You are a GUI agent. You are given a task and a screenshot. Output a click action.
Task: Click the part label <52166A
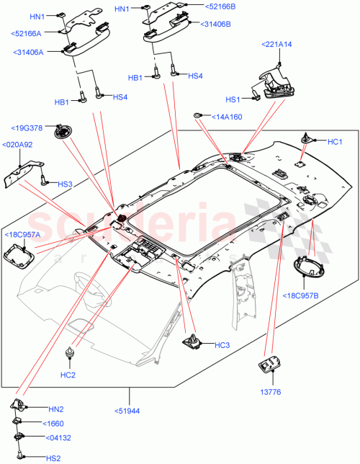pos(27,33)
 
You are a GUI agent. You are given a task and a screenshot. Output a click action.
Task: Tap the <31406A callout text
pos(28,52)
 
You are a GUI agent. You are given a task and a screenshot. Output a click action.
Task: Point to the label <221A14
pos(276,45)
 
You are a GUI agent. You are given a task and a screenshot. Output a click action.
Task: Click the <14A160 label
pos(227,116)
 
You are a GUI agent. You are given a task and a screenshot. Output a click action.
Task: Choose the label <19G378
pos(27,128)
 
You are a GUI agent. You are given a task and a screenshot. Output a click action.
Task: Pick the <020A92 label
pos(17,145)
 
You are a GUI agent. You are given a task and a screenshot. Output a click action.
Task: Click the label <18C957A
pos(24,234)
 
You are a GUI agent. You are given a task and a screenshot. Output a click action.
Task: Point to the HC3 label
pos(222,345)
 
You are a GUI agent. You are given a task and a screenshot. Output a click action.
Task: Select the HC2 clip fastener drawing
pos(70,352)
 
